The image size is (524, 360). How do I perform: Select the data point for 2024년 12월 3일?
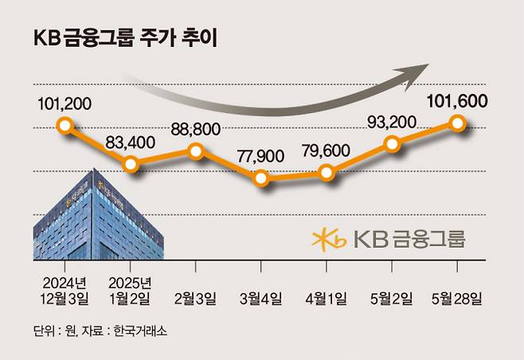(65, 125)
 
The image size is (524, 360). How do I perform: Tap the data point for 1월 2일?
(132, 164)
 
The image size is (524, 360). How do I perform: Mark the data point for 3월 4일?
(262, 178)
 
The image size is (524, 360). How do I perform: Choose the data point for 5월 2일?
(392, 143)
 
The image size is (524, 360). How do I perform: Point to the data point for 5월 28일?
(457, 123)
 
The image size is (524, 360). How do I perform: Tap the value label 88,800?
(196, 129)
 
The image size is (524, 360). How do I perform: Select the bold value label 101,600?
(457, 101)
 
